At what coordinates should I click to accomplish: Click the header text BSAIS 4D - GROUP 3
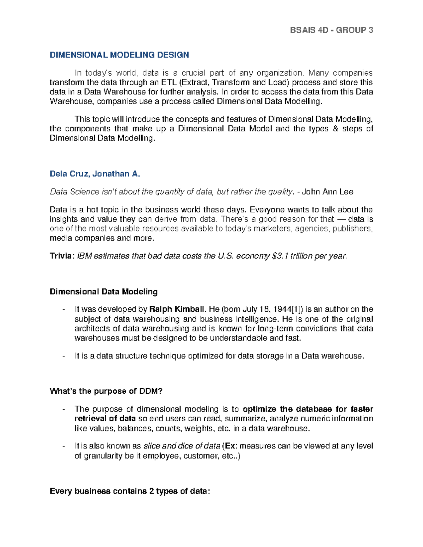click(x=331, y=30)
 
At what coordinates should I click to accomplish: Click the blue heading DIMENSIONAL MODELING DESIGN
click(x=119, y=55)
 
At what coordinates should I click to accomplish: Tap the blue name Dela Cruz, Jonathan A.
click(x=95, y=174)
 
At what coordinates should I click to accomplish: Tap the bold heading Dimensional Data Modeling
click(x=104, y=292)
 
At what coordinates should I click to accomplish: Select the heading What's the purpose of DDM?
click(x=106, y=391)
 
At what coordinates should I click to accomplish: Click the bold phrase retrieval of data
click(x=105, y=419)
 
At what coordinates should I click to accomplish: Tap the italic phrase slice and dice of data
click(x=182, y=446)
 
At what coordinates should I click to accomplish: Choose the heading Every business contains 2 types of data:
click(x=130, y=491)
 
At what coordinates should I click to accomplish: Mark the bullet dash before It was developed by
click(x=63, y=310)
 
